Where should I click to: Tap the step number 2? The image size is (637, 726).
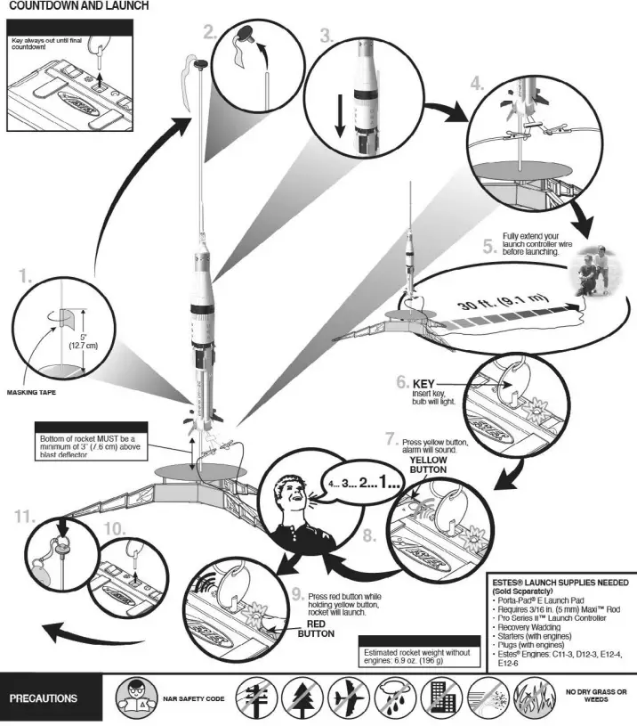coord(210,34)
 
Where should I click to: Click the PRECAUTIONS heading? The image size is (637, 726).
coord(43,698)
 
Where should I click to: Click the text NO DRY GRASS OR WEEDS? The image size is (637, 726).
coord(595,696)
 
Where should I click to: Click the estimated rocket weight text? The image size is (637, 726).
coord(415,656)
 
